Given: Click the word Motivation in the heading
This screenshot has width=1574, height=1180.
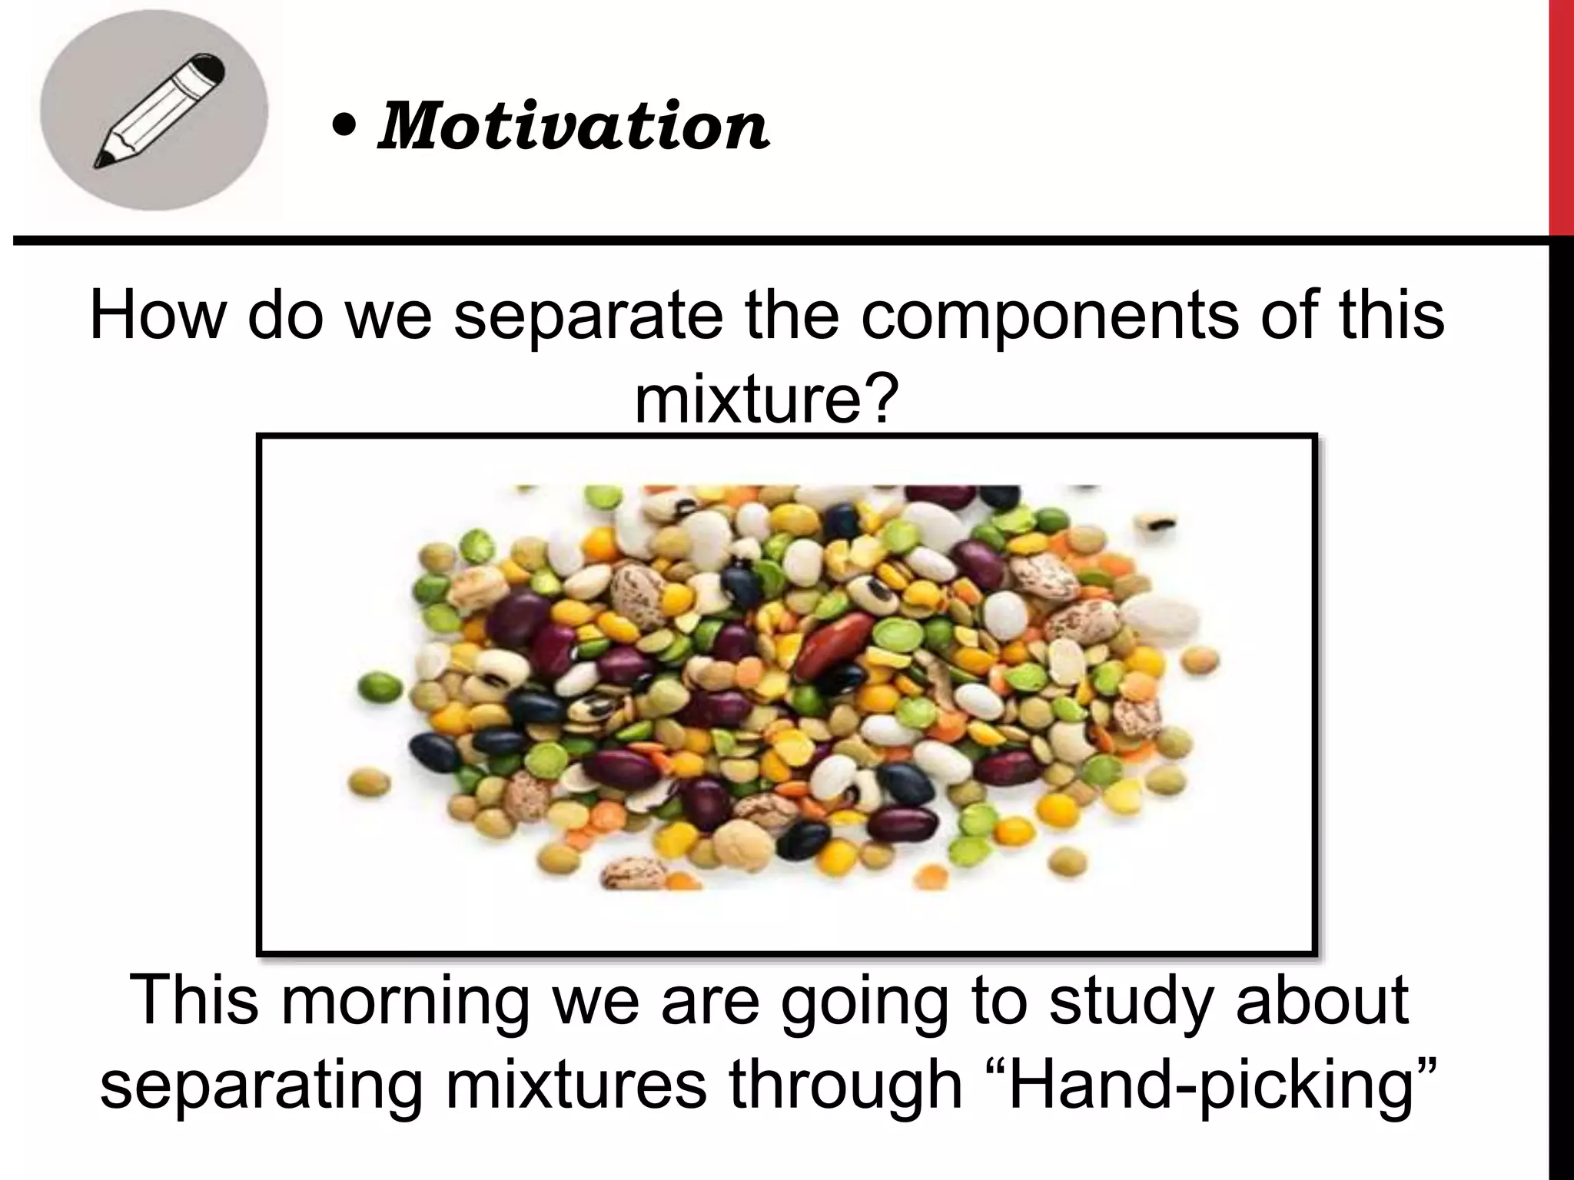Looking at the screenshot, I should (x=573, y=127).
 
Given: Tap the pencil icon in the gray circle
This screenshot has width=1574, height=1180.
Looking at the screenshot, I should (x=158, y=110).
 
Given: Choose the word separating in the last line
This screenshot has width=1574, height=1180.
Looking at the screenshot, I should (x=261, y=1085).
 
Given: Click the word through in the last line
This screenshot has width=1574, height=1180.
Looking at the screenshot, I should (x=845, y=1085).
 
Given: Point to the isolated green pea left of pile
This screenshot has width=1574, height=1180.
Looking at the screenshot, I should (x=380, y=686).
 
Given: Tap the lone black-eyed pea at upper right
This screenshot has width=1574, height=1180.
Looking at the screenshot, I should (x=1158, y=524).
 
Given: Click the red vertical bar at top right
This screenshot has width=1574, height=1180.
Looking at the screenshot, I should (x=1561, y=115).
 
